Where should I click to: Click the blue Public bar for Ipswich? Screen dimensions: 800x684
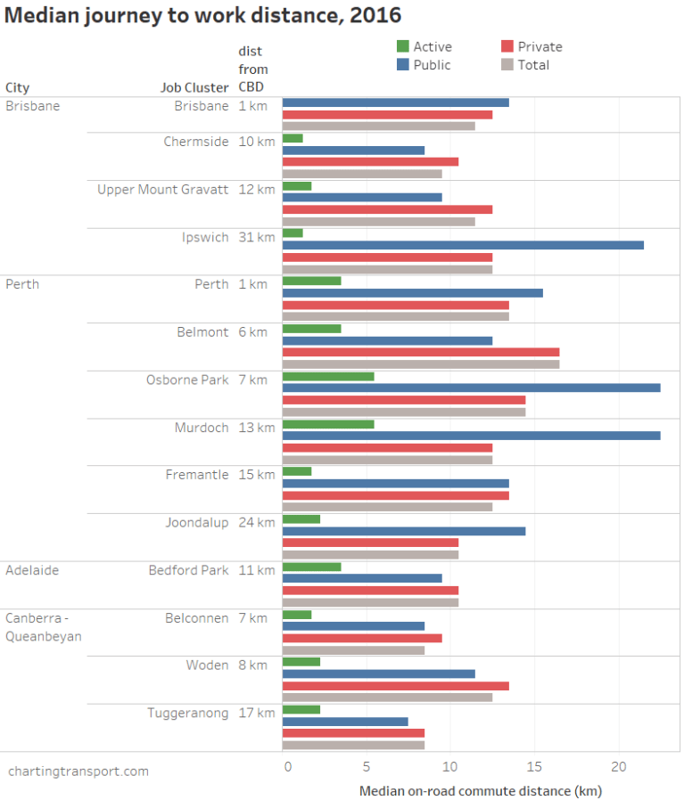[463, 245]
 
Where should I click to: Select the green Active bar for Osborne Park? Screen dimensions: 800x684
[328, 377]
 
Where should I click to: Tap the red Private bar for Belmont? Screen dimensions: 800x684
[421, 352]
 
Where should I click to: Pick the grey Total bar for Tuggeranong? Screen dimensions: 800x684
[353, 745]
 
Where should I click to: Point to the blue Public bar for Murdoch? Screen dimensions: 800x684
[471, 436]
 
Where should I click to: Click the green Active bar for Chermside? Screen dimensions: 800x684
[293, 138]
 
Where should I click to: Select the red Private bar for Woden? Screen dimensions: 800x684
[396, 686]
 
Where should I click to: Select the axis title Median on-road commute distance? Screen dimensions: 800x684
[481, 790]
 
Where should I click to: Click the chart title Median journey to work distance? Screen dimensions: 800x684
[203, 15]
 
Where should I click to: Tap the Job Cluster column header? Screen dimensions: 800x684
[194, 87]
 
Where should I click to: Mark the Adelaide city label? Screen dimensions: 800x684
[32, 570]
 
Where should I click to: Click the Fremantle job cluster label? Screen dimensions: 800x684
[197, 475]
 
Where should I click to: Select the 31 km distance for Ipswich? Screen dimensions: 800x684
[257, 237]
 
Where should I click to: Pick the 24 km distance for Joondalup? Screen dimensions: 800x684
[257, 522]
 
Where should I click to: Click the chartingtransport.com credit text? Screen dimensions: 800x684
[78, 771]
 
